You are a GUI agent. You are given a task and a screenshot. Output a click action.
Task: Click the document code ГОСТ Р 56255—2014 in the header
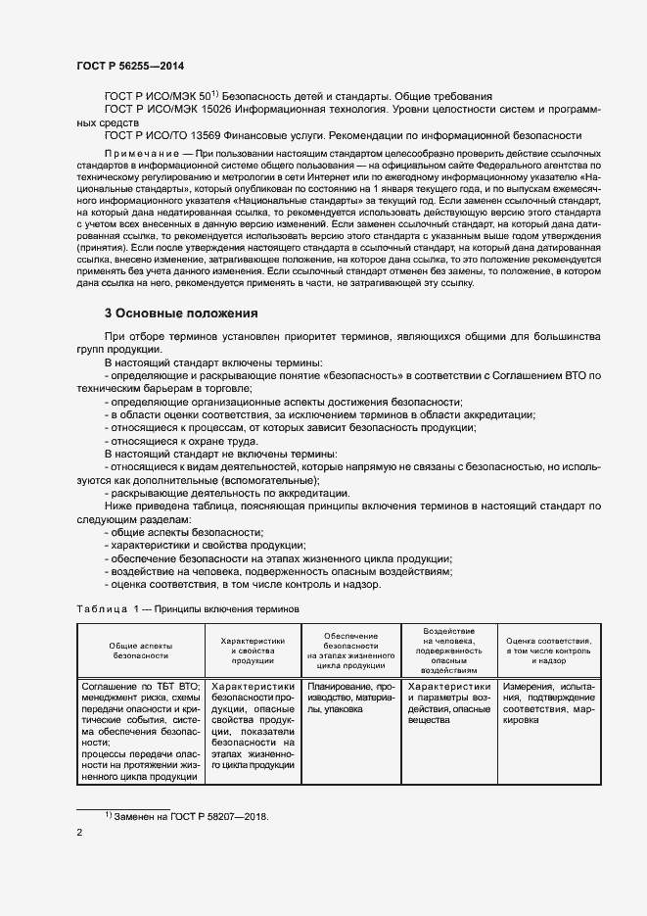click(x=129, y=65)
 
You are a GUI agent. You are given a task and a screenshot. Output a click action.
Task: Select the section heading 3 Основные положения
click(x=181, y=313)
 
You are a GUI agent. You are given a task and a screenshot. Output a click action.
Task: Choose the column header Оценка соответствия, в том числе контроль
click(x=548, y=649)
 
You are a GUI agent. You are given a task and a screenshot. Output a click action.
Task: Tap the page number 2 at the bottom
click(x=79, y=834)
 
